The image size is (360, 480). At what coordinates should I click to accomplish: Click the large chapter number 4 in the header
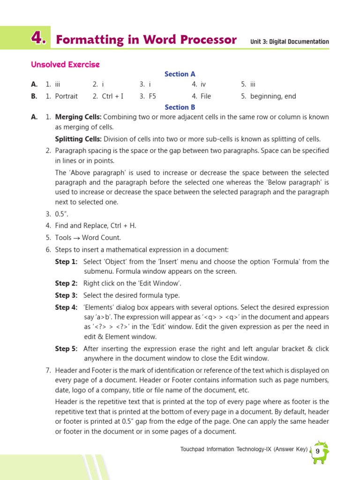point(38,39)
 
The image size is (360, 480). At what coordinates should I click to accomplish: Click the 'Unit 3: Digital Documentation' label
point(290,42)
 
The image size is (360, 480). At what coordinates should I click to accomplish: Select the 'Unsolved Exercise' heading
point(65,64)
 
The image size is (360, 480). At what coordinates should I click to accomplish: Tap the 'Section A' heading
point(180,74)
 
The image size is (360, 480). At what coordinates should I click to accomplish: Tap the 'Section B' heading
point(180,107)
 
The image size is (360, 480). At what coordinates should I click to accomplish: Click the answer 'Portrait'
point(66,96)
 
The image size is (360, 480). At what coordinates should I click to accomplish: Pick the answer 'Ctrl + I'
point(112,96)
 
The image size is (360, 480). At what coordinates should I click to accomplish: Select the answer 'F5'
point(152,96)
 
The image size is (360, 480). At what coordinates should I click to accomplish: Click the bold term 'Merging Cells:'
point(78,117)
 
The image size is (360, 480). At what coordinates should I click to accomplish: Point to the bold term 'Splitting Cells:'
point(78,139)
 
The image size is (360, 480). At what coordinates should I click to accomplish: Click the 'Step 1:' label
point(66,262)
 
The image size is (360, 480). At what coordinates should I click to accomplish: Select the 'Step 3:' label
point(66,295)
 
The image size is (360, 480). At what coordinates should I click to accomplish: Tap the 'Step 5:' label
point(66,349)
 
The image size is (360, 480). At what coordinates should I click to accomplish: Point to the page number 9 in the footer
point(318,451)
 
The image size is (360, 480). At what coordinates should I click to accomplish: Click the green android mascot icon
point(321,452)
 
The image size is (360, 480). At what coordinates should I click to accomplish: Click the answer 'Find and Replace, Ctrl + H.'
point(96,225)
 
